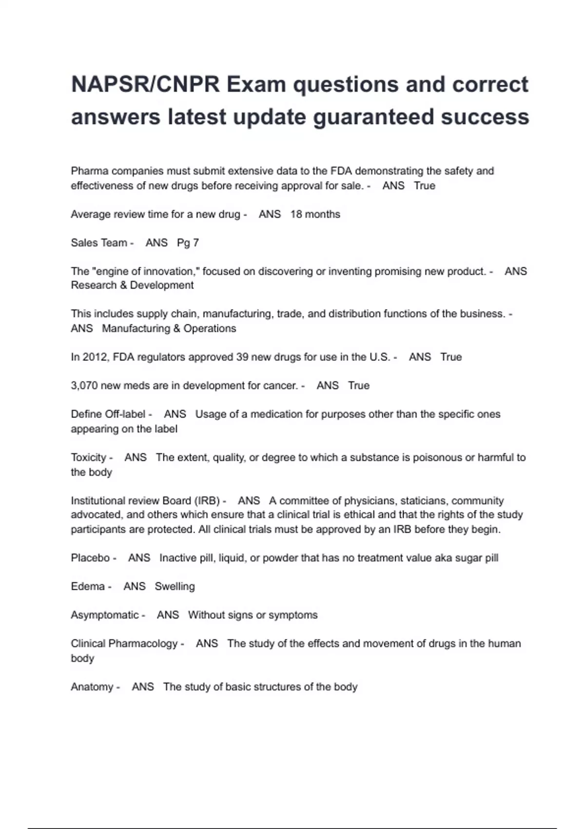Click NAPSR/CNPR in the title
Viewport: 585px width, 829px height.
click(x=145, y=85)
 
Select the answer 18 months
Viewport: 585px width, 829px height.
click(x=315, y=214)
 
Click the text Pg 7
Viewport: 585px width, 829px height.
click(x=188, y=243)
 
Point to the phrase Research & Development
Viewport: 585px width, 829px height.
click(x=132, y=285)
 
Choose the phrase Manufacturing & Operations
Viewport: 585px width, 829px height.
click(x=169, y=329)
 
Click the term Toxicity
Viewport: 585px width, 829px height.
click(x=88, y=457)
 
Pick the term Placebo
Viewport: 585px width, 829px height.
click(x=90, y=558)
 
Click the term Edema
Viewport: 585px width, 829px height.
click(x=88, y=587)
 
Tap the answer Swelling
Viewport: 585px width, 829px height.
click(x=175, y=587)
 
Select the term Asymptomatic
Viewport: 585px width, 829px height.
click(x=105, y=615)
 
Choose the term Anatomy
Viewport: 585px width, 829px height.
click(x=92, y=687)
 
